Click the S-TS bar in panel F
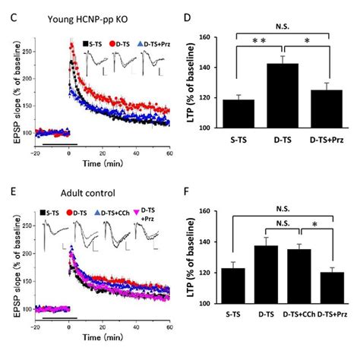232,286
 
